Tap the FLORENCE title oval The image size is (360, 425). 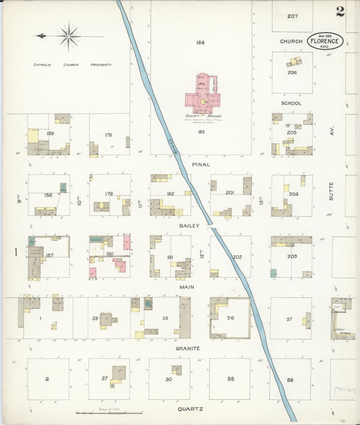[326, 41]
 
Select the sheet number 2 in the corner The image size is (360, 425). [339, 11]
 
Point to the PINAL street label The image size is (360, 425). [201, 164]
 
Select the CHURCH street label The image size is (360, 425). [291, 41]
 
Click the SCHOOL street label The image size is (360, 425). [291, 103]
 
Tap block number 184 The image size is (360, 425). [200, 43]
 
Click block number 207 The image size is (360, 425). [292, 16]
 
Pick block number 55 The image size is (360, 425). [230, 379]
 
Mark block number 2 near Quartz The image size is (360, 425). [47, 379]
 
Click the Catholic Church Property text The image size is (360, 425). [73, 64]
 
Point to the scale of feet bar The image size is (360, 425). [108, 412]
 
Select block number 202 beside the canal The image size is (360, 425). [237, 257]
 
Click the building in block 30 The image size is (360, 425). [176, 370]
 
